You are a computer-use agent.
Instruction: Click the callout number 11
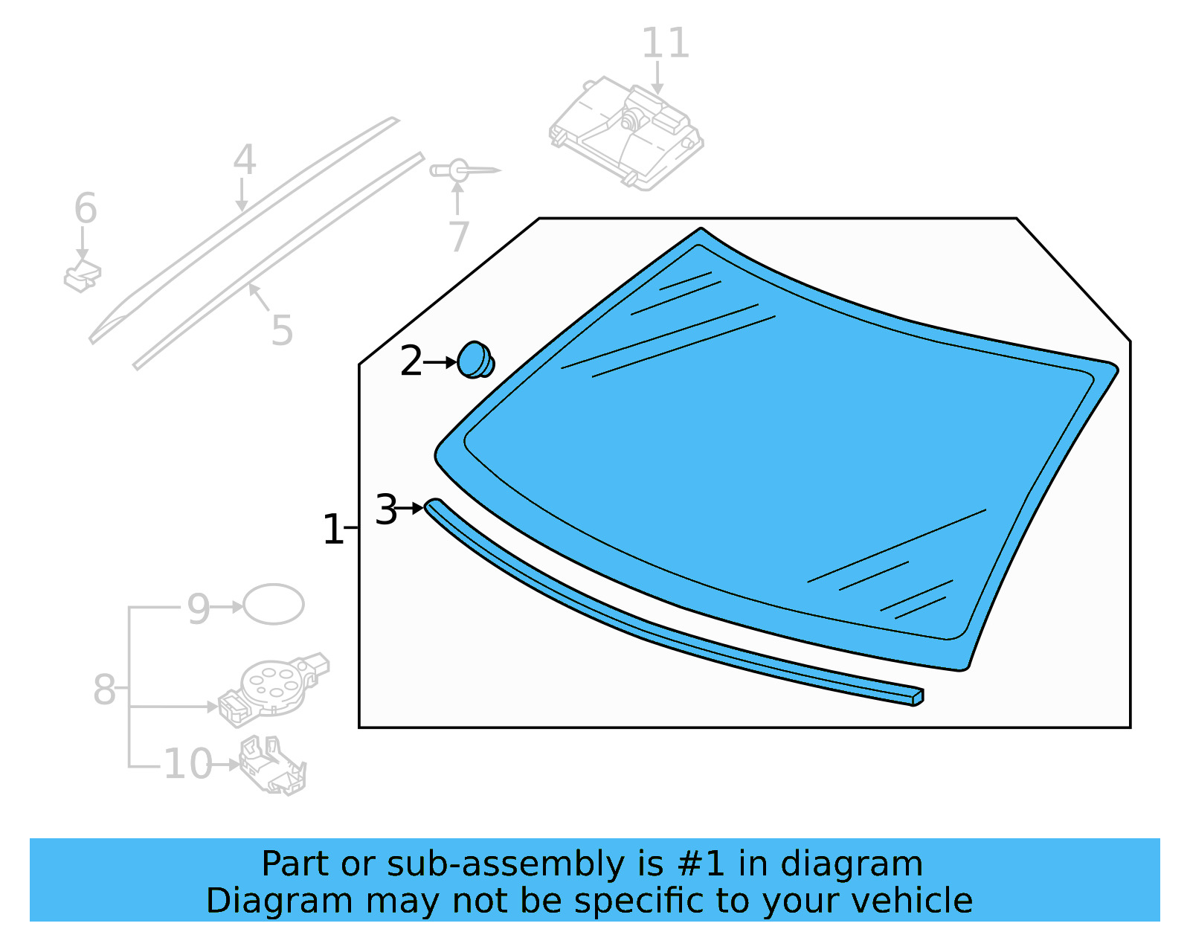click(x=665, y=43)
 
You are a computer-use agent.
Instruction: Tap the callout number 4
click(x=245, y=160)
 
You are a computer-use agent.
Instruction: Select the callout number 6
click(x=86, y=208)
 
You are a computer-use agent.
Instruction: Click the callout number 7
click(x=459, y=237)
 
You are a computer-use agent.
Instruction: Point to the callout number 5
click(x=282, y=330)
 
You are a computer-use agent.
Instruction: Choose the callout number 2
click(x=411, y=361)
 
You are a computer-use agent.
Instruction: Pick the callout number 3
click(x=386, y=510)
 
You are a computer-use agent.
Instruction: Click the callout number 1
click(x=332, y=530)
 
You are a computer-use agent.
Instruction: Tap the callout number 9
click(x=199, y=609)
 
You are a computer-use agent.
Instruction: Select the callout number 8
click(x=104, y=689)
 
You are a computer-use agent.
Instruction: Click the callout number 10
click(x=188, y=764)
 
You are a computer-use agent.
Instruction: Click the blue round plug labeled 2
click(x=475, y=360)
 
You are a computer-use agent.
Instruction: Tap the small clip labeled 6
click(x=83, y=277)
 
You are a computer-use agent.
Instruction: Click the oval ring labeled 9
click(x=274, y=604)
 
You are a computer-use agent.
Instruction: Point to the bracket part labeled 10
click(x=273, y=766)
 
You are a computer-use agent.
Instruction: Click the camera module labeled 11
click(x=627, y=134)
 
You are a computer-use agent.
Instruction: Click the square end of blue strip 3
click(x=917, y=698)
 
